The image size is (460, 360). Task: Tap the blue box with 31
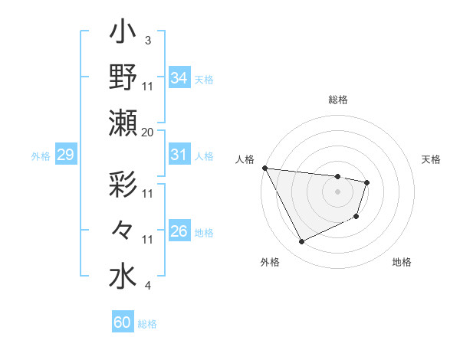click(x=179, y=155)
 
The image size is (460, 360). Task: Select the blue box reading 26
click(x=179, y=231)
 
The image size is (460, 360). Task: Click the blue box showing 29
click(x=65, y=155)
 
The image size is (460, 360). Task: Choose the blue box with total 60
click(x=122, y=322)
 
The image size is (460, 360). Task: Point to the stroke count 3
click(x=147, y=40)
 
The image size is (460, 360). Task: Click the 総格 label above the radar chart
click(x=338, y=100)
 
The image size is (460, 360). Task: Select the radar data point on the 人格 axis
click(x=264, y=168)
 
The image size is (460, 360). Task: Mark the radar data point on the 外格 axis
click(x=301, y=242)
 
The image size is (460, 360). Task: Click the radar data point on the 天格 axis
click(x=367, y=182)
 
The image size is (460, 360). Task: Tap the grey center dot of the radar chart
click(x=337, y=191)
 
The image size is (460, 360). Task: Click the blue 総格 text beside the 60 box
click(x=147, y=323)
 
